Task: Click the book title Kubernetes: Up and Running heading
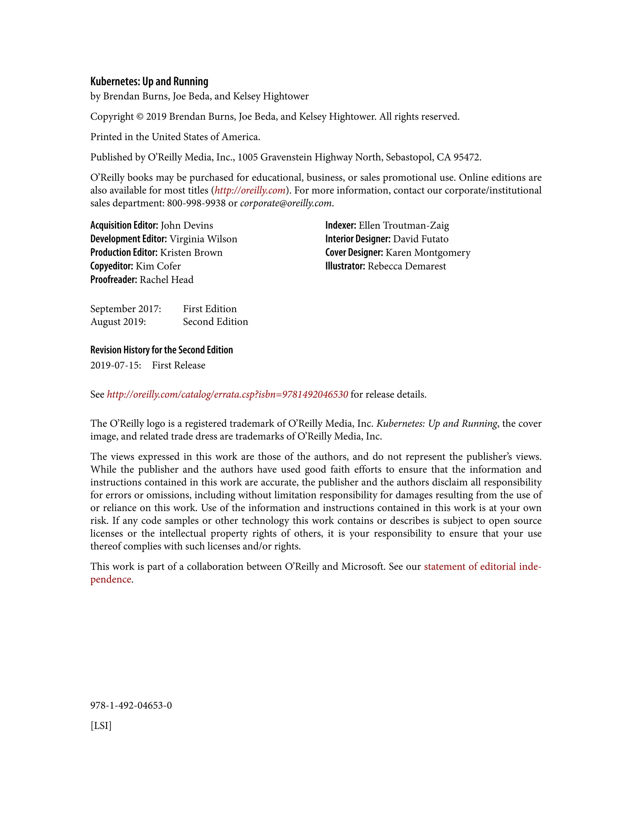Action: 149,82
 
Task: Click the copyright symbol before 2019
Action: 139,117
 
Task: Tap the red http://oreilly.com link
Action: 250,191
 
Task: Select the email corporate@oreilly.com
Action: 285,203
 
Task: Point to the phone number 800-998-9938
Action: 196,203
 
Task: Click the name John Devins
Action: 187,225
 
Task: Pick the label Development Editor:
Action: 128,239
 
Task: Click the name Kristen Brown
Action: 191,253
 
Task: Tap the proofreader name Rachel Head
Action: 167,280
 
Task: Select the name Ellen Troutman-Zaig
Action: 404,225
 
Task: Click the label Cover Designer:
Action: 354,253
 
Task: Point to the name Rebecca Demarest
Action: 407,266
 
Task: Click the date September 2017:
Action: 126,309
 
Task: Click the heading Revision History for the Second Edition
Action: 161,350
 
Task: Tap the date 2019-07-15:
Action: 115,366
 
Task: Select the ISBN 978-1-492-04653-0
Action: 131,705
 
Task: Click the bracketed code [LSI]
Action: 101,726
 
